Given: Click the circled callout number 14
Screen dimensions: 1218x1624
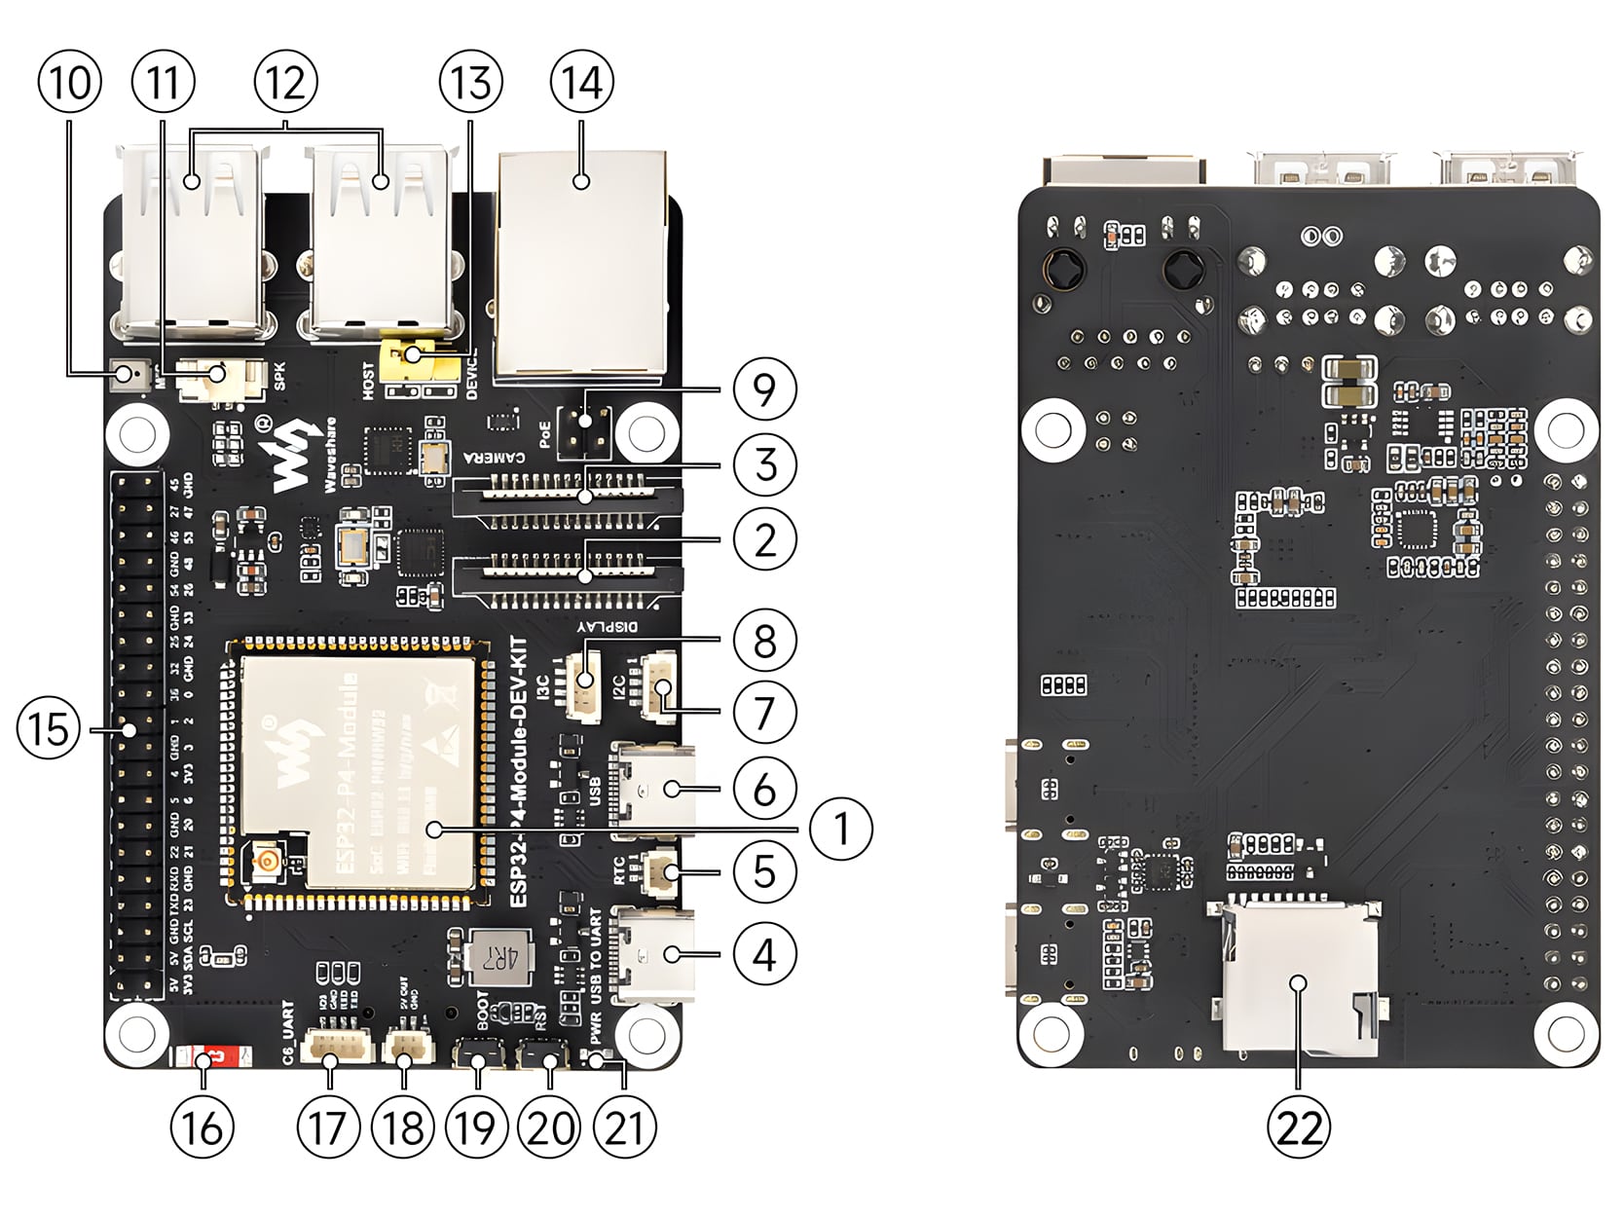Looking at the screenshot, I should pyautogui.click(x=582, y=82).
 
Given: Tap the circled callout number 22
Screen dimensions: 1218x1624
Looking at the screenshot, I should pyautogui.click(x=1299, y=1128).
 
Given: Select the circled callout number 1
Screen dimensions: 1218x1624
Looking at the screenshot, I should pyautogui.click(x=841, y=829).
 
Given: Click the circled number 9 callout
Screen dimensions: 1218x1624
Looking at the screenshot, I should pyautogui.click(x=765, y=388).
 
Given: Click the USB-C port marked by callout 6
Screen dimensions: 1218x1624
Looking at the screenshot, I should pyautogui.click(x=652, y=789).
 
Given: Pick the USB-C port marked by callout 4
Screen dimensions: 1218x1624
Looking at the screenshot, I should pyautogui.click(x=652, y=954).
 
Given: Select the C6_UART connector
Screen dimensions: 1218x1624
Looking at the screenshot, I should pyautogui.click(x=329, y=1050).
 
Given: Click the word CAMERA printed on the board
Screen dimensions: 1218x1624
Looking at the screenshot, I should pyautogui.click(x=495, y=456).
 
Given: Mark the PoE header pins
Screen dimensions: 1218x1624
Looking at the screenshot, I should pyautogui.click(x=584, y=431).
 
